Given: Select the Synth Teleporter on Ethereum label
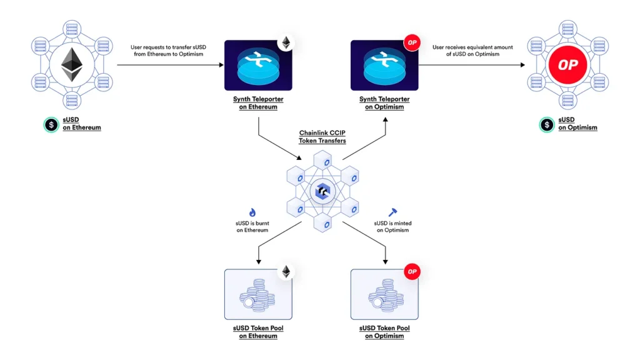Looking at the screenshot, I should point(258,103).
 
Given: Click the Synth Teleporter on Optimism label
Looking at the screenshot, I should point(384,103).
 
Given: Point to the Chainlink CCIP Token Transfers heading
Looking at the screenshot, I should point(322,137).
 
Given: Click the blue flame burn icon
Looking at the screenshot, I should point(252,212).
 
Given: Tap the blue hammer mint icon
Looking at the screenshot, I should point(392,212).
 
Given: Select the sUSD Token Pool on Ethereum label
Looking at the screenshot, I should point(258,332).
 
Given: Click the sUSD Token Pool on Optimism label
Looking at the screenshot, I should point(384,332).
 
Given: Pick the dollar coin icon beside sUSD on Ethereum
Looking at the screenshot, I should point(50,124).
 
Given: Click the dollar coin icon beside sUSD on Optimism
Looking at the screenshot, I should point(546,124).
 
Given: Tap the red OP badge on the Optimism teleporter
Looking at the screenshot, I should point(411,42).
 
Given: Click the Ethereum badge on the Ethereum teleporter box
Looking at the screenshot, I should point(286,42).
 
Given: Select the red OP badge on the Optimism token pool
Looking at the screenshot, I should point(411,272).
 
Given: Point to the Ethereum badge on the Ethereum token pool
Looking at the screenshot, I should point(286,272).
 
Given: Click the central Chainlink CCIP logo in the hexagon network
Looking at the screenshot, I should point(322,191).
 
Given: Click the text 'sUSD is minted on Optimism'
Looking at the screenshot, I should point(392,227).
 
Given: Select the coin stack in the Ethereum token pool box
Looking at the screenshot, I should point(254,296).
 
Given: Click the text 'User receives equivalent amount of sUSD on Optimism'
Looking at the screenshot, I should point(466,51).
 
